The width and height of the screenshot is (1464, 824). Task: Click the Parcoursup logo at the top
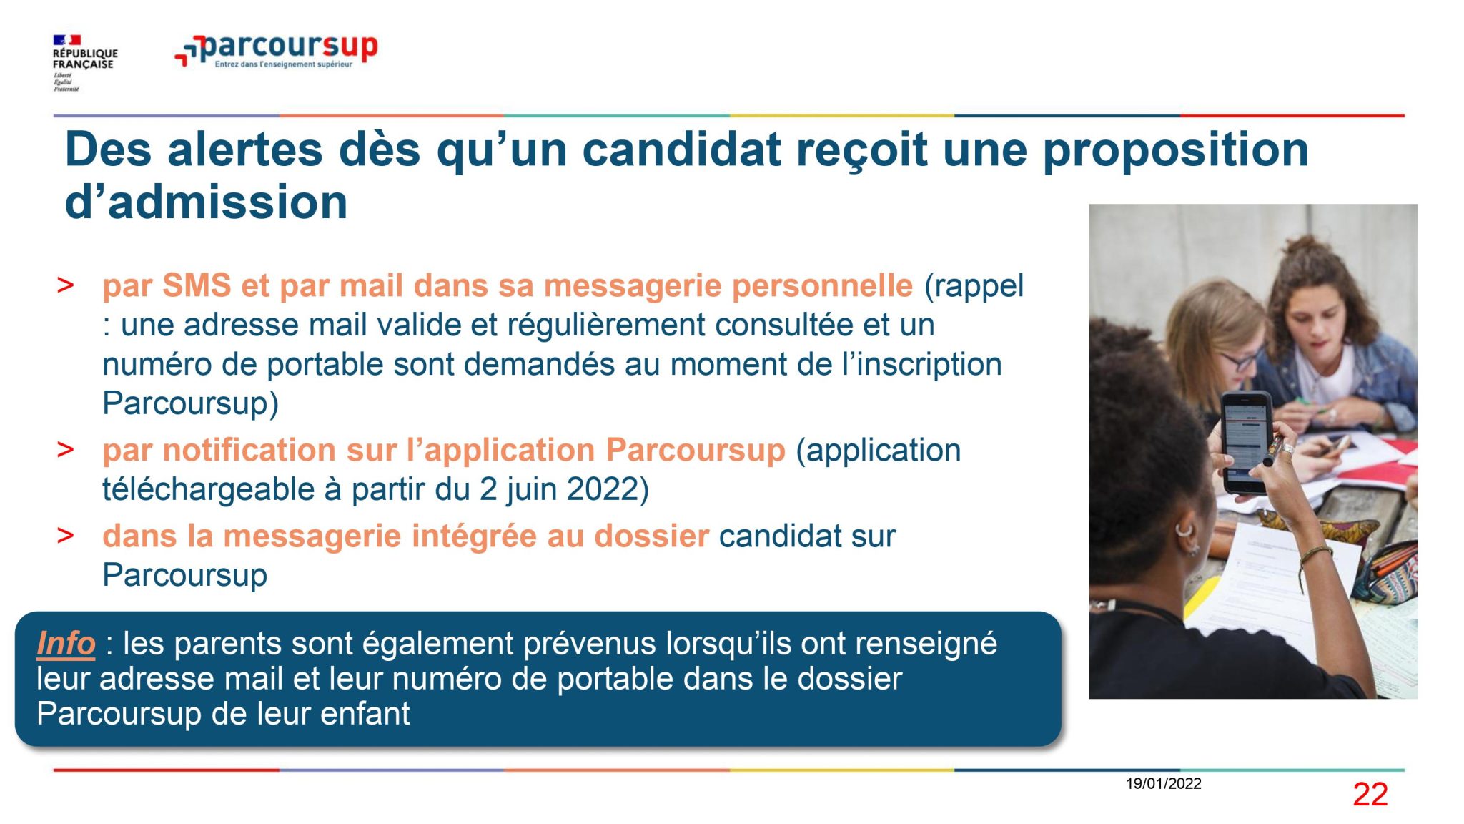[276, 50]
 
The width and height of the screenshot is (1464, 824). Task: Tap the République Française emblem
[84, 63]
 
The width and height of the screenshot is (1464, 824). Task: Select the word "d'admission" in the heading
[206, 202]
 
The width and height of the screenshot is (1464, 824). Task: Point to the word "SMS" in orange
[197, 285]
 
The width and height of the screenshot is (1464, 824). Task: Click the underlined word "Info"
[66, 643]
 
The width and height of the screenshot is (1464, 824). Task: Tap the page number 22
[1370, 795]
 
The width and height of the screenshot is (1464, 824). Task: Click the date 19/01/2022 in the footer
[1163, 783]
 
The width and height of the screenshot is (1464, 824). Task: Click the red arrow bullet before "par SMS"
[65, 285]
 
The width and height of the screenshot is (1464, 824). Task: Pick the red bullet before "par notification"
[65, 450]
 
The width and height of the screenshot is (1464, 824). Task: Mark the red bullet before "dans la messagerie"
[65, 536]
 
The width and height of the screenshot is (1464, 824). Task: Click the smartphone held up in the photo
[1245, 442]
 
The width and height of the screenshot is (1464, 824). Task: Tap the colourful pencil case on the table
[1391, 572]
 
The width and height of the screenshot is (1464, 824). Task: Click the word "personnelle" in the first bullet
[822, 286]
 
